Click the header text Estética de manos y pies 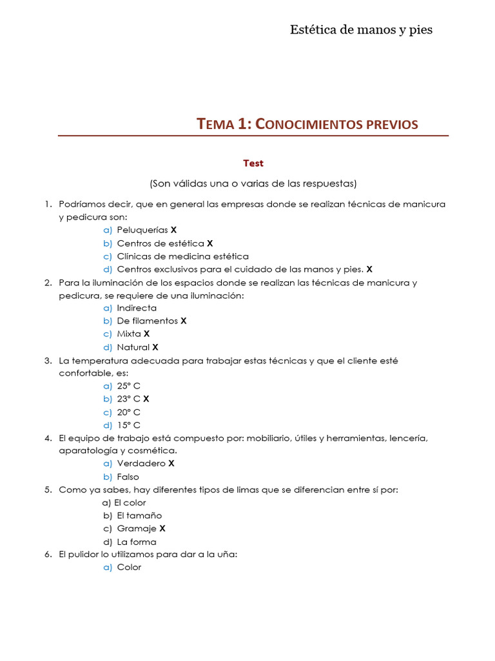[361, 30]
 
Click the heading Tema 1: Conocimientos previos [307, 124]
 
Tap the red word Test [253, 163]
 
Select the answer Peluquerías [142, 230]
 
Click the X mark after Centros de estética [209, 243]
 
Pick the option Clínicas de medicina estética [182, 256]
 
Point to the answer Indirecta [137, 308]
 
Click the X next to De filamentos [184, 321]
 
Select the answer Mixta [129, 334]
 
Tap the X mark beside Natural [155, 347]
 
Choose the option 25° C [128, 386]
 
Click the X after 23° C [146, 399]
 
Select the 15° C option [128, 425]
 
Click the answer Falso [128, 477]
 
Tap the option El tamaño [139, 516]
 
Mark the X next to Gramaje [162, 529]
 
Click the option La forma [136, 542]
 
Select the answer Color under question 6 [129, 567]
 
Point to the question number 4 [48, 438]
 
